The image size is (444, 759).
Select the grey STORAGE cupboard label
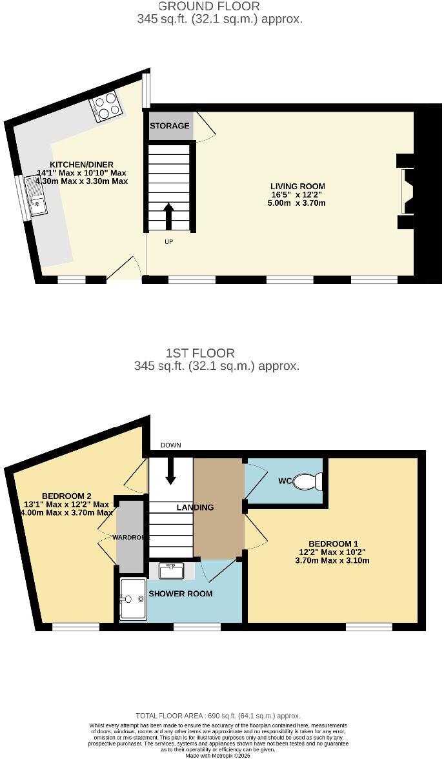pos(170,126)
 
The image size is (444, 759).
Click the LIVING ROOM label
pos(298,187)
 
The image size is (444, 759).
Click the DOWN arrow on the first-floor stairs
pos(171,471)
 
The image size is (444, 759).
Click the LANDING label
pos(196,507)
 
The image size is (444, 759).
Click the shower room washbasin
pos(172,571)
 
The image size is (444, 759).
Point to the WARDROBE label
pos(131,537)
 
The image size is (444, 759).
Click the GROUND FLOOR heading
pos(200,6)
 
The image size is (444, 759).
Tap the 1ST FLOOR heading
pos(200,353)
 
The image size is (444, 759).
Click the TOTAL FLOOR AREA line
pos(218,716)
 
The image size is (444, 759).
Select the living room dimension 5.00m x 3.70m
pos(298,203)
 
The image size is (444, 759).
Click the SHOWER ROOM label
pos(181,594)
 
